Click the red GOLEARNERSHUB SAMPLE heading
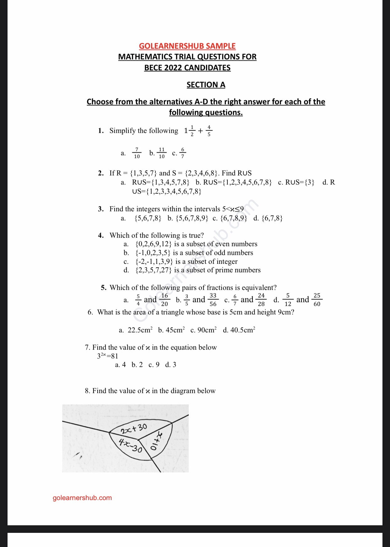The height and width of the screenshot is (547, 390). coord(187,46)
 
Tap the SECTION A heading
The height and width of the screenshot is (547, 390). coord(206,85)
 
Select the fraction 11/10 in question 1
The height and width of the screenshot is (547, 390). coord(161,153)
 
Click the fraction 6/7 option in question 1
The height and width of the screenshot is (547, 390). coord(183,153)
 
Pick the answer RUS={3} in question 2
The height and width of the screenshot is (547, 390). coord(300,182)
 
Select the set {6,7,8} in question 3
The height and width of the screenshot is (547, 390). coord(272,218)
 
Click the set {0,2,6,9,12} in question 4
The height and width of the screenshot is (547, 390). coord(154,244)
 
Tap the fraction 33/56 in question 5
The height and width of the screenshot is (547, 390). coord(213,300)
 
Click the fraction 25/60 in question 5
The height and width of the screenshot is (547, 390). coord(317,300)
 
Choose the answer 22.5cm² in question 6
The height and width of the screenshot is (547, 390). coord(140,330)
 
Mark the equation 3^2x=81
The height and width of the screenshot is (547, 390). coord(107,356)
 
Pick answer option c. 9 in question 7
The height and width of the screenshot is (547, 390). coord(154,365)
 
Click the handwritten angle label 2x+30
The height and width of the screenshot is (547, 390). coord(133,428)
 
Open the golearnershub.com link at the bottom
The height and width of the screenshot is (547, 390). coord(82,498)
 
